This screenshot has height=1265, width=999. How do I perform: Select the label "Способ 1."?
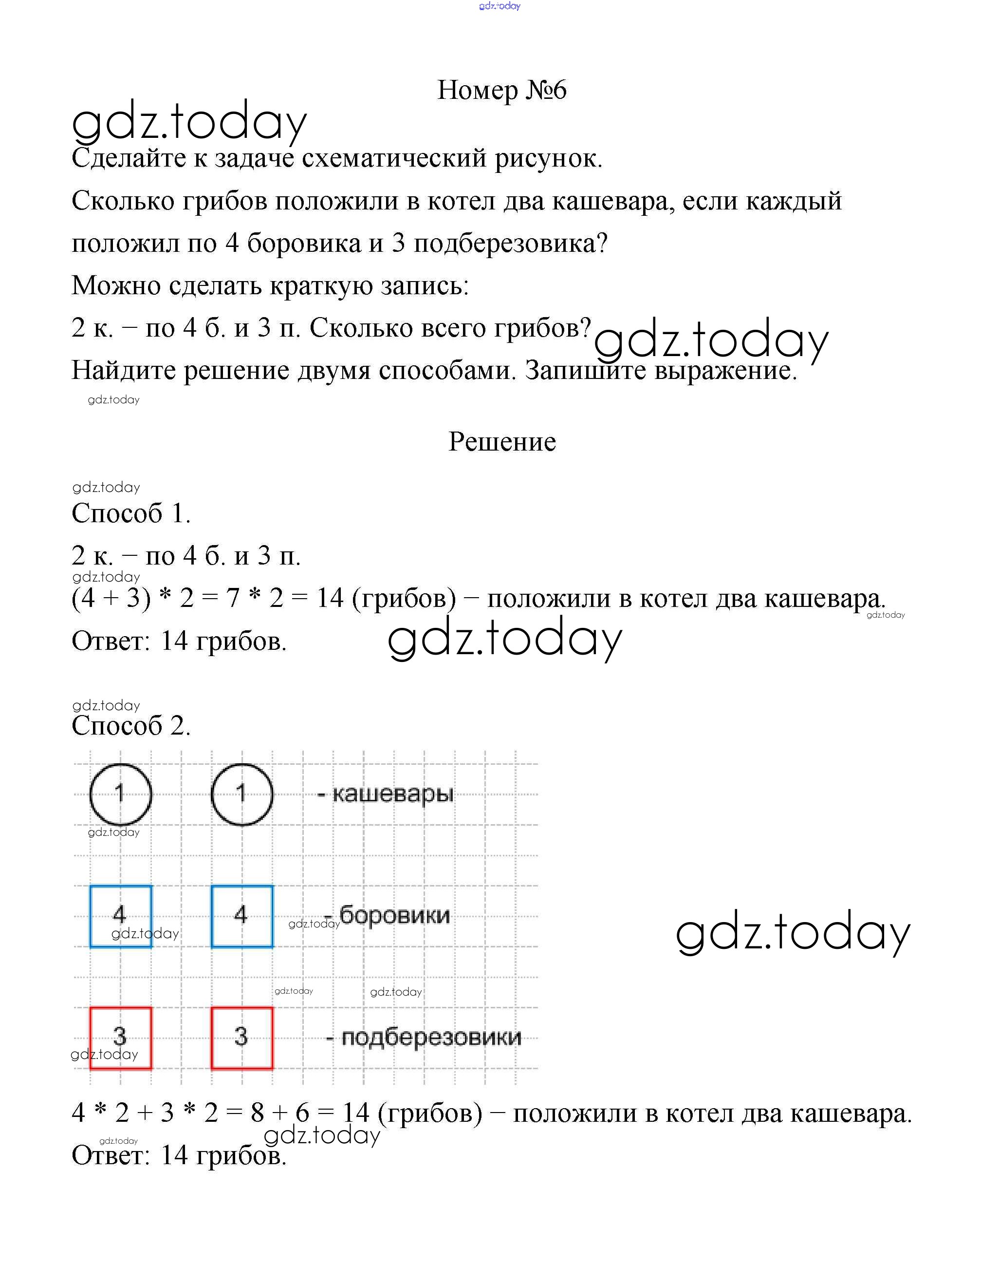tap(131, 514)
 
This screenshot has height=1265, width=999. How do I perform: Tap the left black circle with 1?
tap(120, 794)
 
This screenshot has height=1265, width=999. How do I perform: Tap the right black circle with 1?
tap(241, 794)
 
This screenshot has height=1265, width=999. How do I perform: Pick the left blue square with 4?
tap(120, 916)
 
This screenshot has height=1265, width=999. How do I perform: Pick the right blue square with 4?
tap(241, 916)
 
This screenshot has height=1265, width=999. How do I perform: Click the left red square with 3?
tap(120, 1038)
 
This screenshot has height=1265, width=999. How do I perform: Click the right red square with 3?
tap(241, 1038)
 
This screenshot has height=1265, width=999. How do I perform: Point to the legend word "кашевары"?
tap(392, 794)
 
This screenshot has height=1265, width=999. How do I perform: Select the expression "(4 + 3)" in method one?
tap(111, 599)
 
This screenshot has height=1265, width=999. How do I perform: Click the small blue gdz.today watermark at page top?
tap(499, 6)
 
